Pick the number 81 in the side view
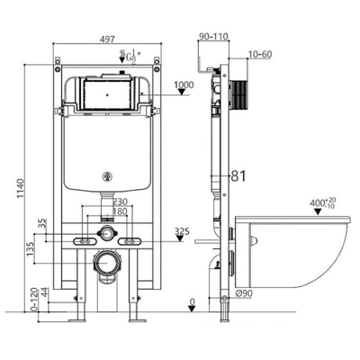[239, 176]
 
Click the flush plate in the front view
[106, 94]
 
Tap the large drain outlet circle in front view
[107, 264]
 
